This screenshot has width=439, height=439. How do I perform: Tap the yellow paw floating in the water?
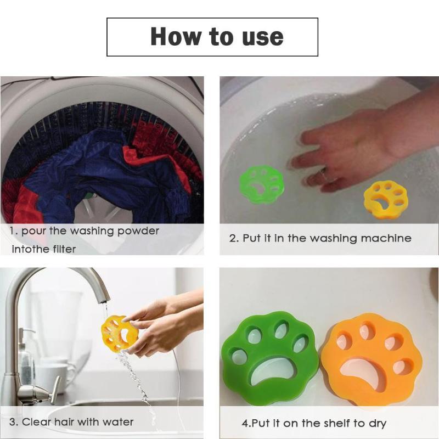(386, 199)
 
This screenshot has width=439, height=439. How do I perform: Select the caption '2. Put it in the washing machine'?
(320, 238)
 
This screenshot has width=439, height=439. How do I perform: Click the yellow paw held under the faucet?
(119, 333)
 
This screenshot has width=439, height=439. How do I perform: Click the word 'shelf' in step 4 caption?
(339, 423)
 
